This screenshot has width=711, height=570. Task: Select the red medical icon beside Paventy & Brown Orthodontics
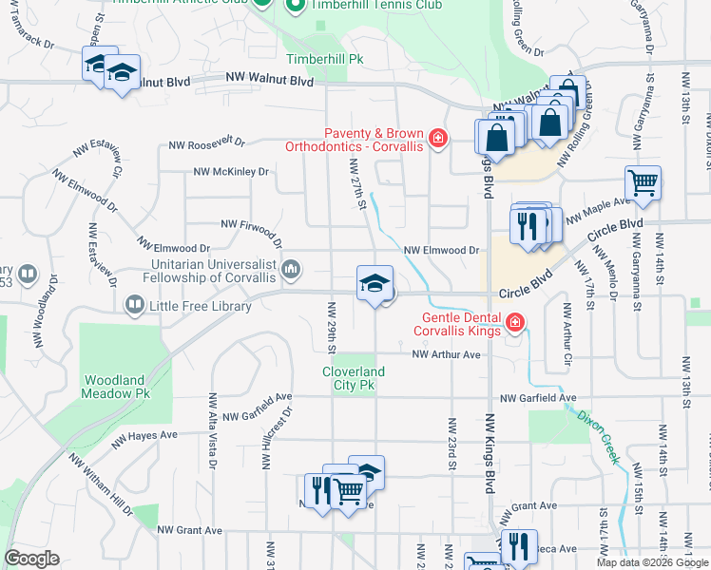[x=437, y=140]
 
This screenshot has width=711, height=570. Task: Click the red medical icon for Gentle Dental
[x=514, y=324]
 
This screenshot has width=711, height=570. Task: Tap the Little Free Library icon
[x=135, y=305]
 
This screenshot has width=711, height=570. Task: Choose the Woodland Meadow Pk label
[x=116, y=386]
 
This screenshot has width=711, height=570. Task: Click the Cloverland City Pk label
[x=354, y=378]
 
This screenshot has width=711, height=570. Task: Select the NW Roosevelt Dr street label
[x=206, y=144]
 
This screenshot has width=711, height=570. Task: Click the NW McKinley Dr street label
[x=231, y=172]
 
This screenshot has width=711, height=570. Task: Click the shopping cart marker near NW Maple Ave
[x=644, y=183]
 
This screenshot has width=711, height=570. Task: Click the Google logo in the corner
[x=31, y=559]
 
